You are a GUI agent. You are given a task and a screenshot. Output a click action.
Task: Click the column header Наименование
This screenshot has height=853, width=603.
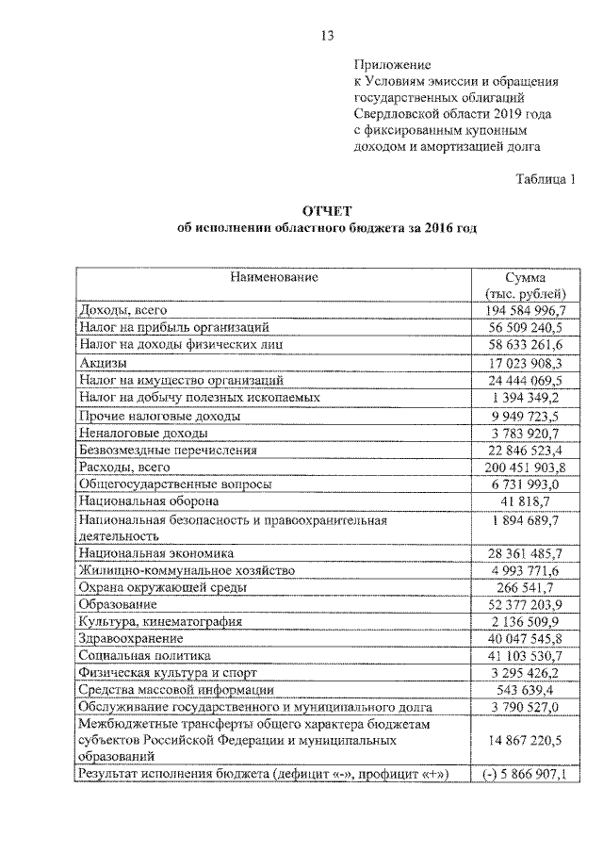pos(272,277)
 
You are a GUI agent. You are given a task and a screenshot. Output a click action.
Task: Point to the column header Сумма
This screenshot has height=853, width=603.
pos(525,277)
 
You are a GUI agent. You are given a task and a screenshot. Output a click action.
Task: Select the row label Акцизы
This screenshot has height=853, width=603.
pos(104,362)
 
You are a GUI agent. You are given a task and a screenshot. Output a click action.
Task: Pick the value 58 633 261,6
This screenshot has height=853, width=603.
pos(525,345)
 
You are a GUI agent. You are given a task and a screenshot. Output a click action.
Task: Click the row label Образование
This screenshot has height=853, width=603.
pos(118,603)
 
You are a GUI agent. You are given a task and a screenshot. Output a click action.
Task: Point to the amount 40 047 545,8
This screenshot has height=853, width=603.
pos(525,638)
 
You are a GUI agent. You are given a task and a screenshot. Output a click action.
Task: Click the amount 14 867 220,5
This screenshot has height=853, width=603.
pos(525,740)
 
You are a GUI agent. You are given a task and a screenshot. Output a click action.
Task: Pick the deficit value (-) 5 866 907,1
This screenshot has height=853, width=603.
pos(525,774)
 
